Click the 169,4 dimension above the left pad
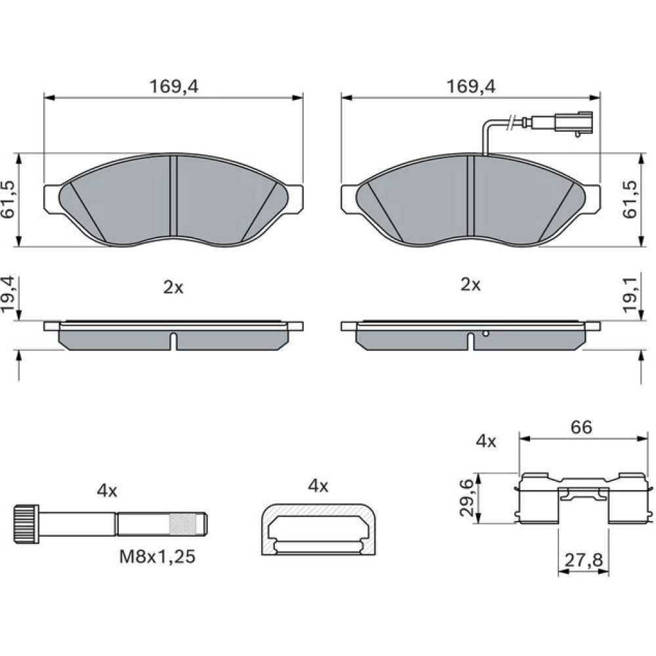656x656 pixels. click(174, 87)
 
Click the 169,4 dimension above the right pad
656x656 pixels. click(470, 87)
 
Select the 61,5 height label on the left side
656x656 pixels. click(9, 199)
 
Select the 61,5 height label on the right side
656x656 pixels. click(630, 199)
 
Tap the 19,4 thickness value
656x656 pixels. click(9, 295)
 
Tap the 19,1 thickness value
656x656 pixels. click(630, 295)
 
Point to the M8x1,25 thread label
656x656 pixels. click(157, 557)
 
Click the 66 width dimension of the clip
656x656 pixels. click(581, 427)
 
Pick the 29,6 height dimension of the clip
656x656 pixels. click(466, 498)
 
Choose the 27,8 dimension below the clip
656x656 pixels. click(584, 560)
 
